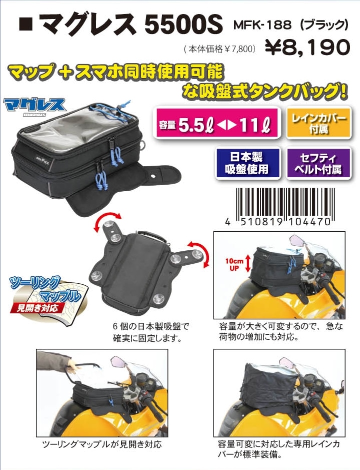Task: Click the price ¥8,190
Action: point(307,48)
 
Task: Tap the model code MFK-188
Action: point(262,25)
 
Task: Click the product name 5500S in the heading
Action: point(184,24)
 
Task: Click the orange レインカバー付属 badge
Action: point(318,123)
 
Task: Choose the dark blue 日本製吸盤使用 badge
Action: point(247,163)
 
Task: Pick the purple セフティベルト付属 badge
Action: point(318,163)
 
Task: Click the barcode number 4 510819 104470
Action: point(278,222)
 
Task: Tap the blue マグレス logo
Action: point(34,106)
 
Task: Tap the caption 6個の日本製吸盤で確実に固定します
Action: point(151,332)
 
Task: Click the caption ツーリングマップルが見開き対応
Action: point(102,444)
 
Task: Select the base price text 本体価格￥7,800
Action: point(220,49)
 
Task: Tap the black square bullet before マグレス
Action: point(26,24)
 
